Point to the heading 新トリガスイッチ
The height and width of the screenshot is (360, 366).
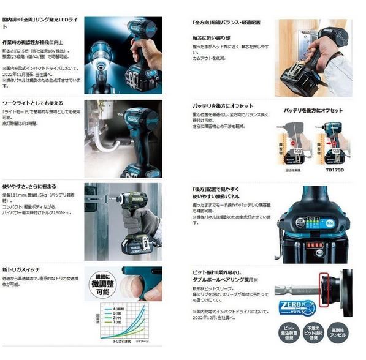click(22, 270)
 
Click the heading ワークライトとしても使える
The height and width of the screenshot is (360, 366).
click(32, 103)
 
